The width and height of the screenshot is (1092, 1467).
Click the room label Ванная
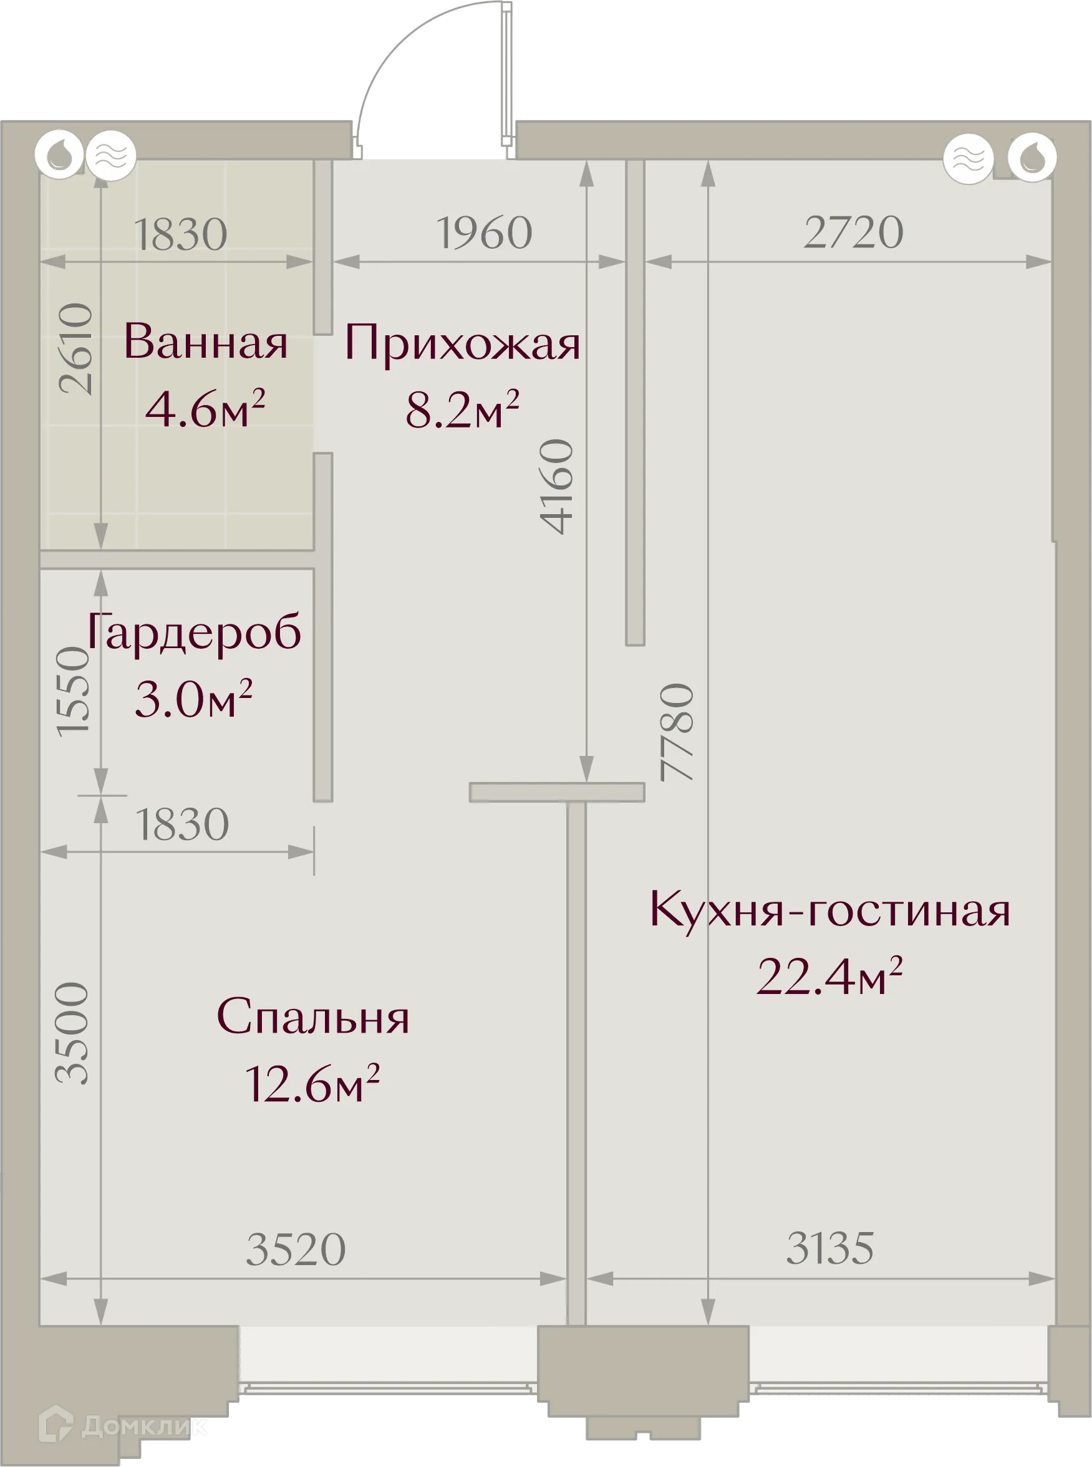206,342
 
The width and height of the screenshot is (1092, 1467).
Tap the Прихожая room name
462,343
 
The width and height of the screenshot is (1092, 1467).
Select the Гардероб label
194,633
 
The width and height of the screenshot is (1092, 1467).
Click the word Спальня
312,1017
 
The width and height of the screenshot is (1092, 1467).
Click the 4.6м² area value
205,409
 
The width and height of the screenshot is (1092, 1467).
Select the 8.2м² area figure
462,409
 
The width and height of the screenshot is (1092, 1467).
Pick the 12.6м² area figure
312,1084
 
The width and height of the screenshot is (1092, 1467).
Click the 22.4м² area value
829,977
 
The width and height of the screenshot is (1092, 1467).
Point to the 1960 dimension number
485,232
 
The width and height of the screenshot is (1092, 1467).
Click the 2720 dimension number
853,232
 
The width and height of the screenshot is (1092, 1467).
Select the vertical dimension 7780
677,732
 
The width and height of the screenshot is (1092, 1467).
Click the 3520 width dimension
296,1249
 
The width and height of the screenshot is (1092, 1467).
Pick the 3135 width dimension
829,1248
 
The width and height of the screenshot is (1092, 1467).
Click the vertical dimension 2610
76,349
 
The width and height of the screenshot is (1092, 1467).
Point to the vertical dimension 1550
73,690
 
